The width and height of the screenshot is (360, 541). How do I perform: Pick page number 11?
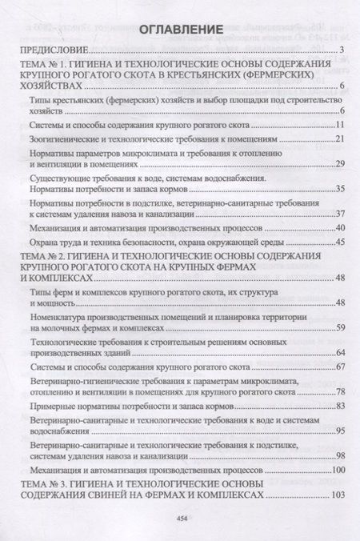click(339, 126)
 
